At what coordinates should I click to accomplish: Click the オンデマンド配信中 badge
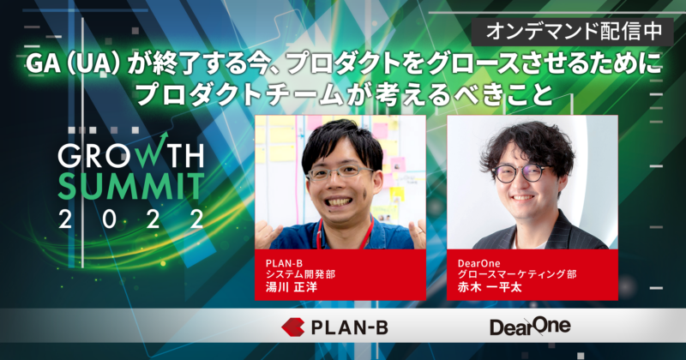pos(574,33)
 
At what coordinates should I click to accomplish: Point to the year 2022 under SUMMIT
pos(129,218)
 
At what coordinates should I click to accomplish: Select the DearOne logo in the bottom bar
pos(529,327)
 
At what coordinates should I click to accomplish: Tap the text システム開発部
pos(299,273)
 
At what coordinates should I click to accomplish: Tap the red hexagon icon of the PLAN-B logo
pos(295,327)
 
